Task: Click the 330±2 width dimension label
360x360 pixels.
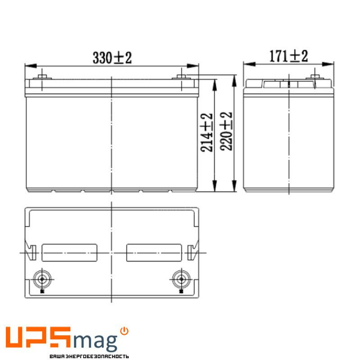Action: pyautogui.click(x=112, y=58)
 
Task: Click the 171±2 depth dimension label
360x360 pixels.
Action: pyautogui.click(x=288, y=56)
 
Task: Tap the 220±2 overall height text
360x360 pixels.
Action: pyautogui.click(x=227, y=131)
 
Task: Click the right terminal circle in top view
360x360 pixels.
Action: pyautogui.click(x=181, y=279)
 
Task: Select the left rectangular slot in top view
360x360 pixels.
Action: pyautogui.click(x=69, y=252)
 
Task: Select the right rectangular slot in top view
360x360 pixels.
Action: pyautogui.click(x=154, y=252)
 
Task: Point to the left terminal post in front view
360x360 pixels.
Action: pyautogui.click(x=42, y=76)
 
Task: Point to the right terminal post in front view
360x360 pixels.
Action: pyautogui.click(x=181, y=76)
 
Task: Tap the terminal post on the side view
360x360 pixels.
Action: pyautogui.click(x=314, y=76)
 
